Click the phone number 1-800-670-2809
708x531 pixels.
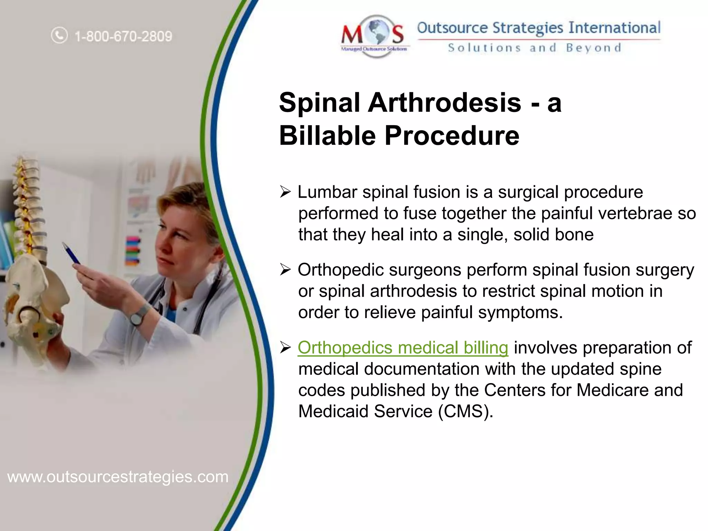tap(123, 36)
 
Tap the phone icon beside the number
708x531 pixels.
tap(59, 35)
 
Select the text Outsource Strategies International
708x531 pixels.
tap(539, 28)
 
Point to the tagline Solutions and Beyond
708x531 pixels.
tap(534, 48)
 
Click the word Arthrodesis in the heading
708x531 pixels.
tap(444, 103)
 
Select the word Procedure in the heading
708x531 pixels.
tap(452, 136)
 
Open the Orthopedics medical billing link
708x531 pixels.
tap(403, 347)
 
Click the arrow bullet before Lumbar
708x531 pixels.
tap(286, 192)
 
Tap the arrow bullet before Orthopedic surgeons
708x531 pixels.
tap(286, 270)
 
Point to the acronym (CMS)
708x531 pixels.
tap(465, 411)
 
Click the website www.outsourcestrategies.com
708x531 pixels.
tap(118, 477)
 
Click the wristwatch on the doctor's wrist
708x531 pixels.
tap(137, 316)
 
